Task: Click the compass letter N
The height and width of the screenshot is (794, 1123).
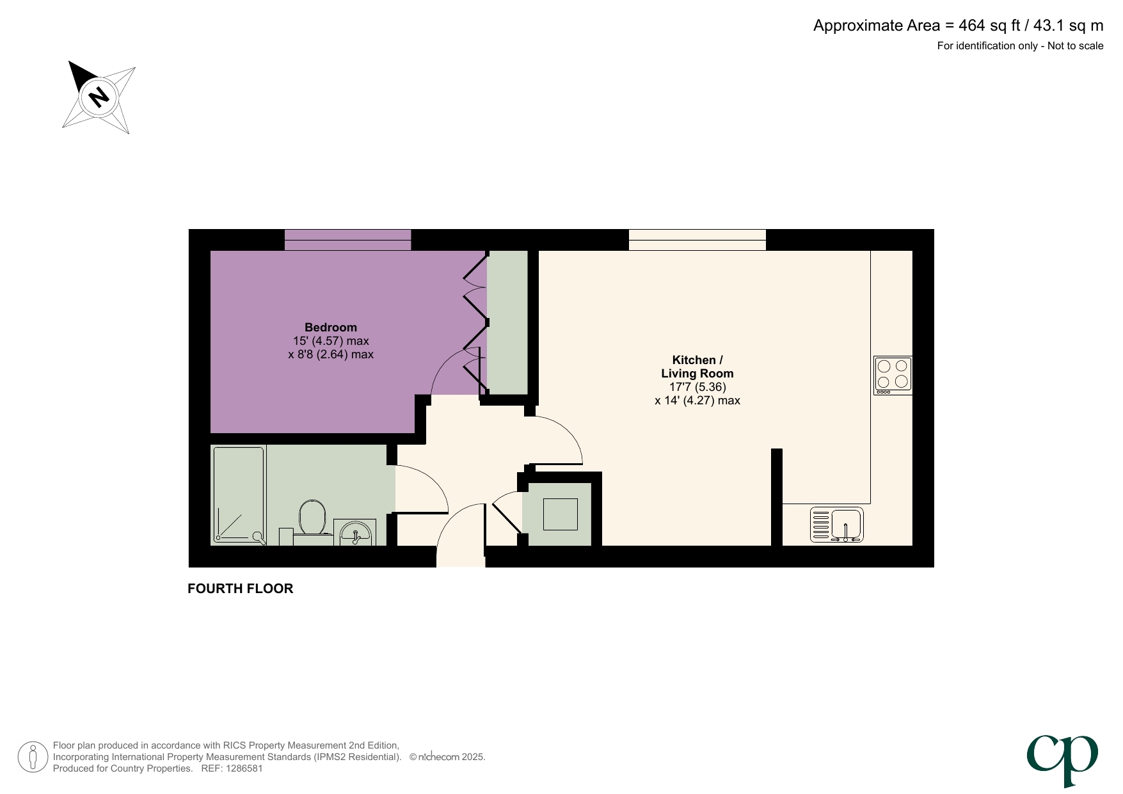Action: (99, 97)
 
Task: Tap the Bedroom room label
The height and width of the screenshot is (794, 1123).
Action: (330, 328)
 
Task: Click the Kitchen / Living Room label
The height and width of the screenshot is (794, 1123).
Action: (697, 367)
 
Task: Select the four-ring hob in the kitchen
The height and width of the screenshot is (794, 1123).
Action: (893, 375)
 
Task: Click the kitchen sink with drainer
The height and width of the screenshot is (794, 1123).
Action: (837, 525)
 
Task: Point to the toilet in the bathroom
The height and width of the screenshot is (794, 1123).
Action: (312, 518)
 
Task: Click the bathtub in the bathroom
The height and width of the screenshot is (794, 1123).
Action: (239, 495)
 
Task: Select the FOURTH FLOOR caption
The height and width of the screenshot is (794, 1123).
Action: (240, 589)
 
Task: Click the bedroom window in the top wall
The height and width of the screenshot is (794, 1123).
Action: (347, 240)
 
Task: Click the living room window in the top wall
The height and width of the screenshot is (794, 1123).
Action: (697, 240)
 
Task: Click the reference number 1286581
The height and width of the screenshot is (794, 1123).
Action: (241, 768)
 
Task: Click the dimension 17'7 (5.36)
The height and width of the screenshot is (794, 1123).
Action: (697, 387)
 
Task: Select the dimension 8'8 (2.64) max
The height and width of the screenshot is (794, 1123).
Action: (331, 354)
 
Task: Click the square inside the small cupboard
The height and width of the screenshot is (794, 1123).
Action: (560, 514)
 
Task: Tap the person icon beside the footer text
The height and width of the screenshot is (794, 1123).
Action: (33, 757)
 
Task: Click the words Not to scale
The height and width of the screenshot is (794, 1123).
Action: (1075, 46)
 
